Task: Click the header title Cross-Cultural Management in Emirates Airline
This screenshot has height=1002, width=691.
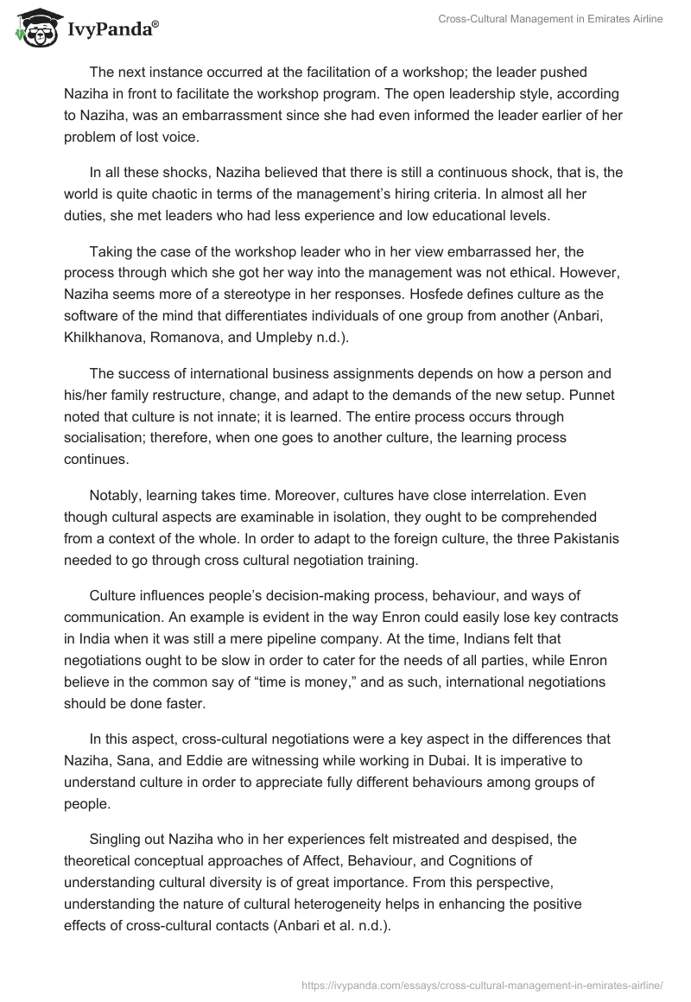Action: click(x=561, y=19)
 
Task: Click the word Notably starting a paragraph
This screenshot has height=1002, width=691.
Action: click(x=113, y=498)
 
